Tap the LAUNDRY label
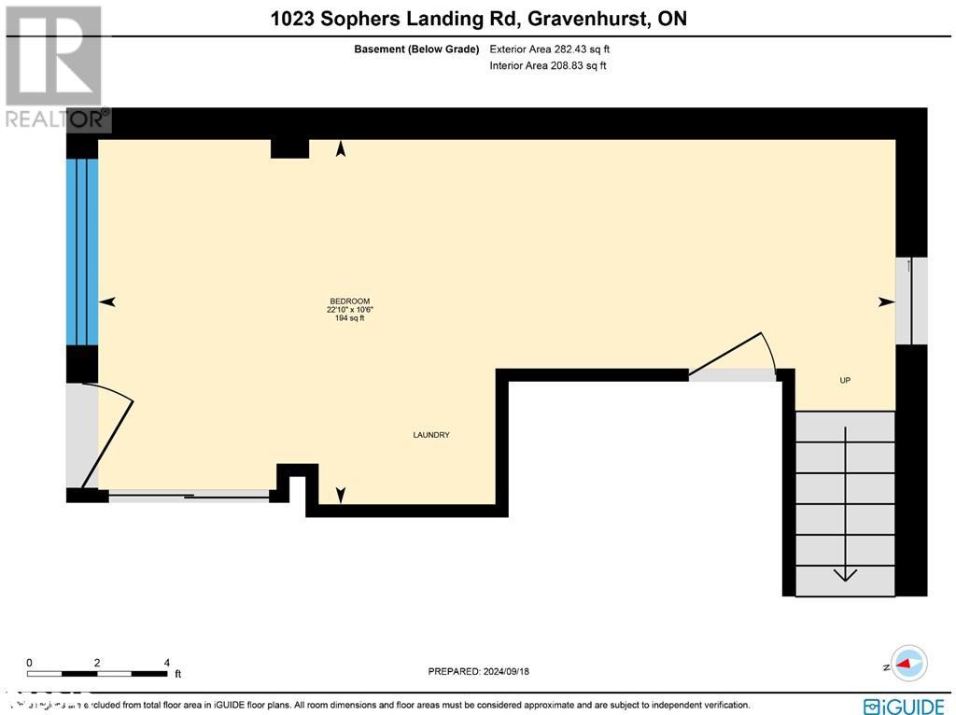(x=431, y=435)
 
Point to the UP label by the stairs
(x=845, y=380)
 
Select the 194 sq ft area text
(x=348, y=318)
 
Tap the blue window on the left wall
(x=82, y=252)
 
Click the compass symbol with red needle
(x=908, y=664)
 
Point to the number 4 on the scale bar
(x=166, y=663)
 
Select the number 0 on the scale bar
(x=29, y=663)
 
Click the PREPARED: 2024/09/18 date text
(x=478, y=671)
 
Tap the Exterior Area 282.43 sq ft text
(x=550, y=49)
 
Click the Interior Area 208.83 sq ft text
(x=548, y=66)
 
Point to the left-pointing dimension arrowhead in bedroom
(x=107, y=301)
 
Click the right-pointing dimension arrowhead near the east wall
(x=886, y=301)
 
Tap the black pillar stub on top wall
(x=289, y=148)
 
